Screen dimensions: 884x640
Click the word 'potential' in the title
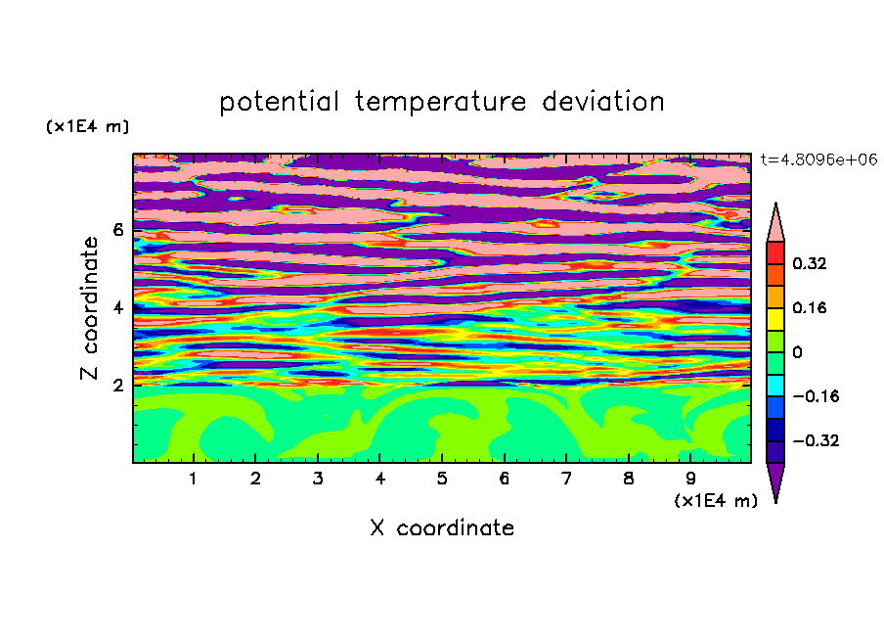pyautogui.click(x=279, y=103)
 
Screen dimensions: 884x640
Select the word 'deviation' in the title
pyautogui.click(x=602, y=102)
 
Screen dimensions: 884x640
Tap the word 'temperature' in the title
pyautogui.click(x=440, y=103)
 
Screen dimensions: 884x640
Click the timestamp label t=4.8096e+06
pyautogui.click(x=818, y=160)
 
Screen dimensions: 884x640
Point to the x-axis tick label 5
pyautogui.click(x=442, y=479)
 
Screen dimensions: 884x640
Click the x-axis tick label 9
pyautogui.click(x=690, y=479)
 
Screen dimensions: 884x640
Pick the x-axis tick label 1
pyautogui.click(x=194, y=479)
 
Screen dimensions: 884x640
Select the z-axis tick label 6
pyautogui.click(x=117, y=230)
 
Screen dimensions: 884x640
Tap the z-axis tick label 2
pyautogui.click(x=117, y=386)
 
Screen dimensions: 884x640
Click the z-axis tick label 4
pyautogui.click(x=117, y=307)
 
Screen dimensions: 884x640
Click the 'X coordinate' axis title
pyautogui.click(x=442, y=527)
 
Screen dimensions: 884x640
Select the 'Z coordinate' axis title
pyautogui.click(x=90, y=307)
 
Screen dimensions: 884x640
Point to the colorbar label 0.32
pyautogui.click(x=809, y=263)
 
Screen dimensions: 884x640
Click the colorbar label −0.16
pyautogui.click(x=816, y=396)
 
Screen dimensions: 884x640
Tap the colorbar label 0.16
pyautogui.click(x=809, y=307)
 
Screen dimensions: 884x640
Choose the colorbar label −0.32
pyautogui.click(x=816, y=440)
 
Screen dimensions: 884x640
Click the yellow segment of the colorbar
pyautogui.click(x=775, y=319)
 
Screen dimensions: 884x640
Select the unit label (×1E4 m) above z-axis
pyautogui.click(x=87, y=126)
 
